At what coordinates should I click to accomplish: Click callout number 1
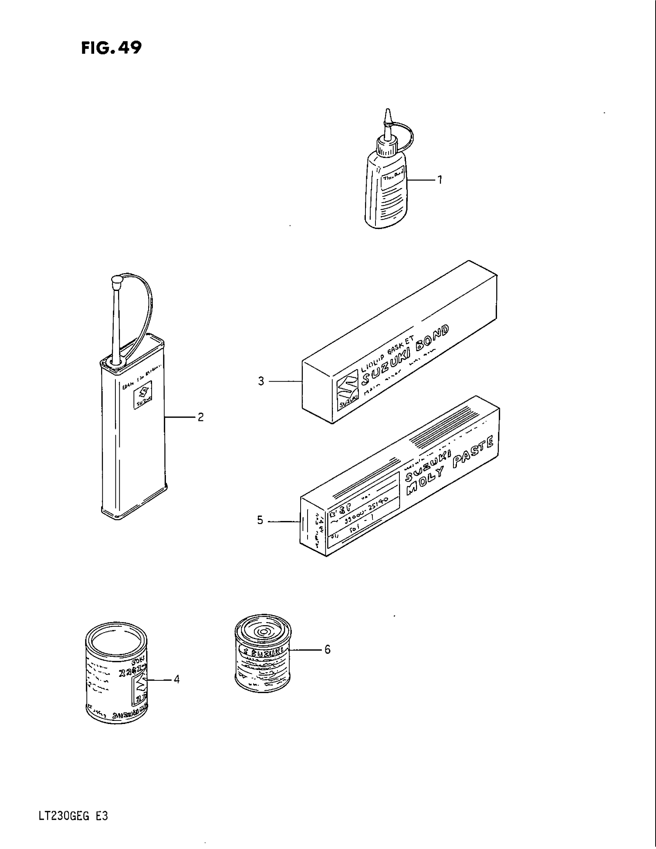tap(440, 179)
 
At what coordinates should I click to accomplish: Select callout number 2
tap(201, 417)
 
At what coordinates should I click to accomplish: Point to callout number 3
tap(261, 381)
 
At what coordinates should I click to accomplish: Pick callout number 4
tap(176, 679)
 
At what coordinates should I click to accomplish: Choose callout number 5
tap(260, 521)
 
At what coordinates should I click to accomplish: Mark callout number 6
tap(327, 649)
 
